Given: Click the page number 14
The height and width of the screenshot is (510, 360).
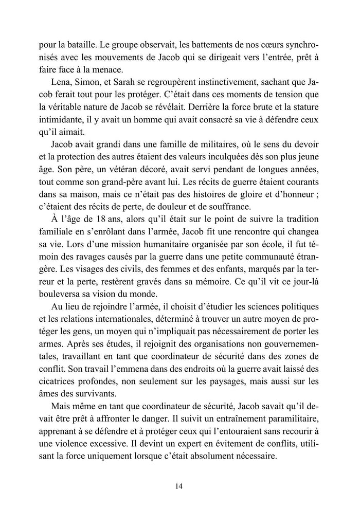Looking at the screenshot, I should coord(179,486).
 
